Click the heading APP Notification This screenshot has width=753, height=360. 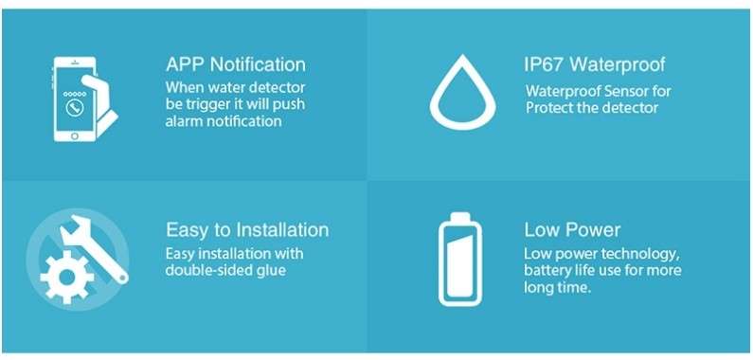coord(235,65)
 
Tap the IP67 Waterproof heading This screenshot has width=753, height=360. coord(595,65)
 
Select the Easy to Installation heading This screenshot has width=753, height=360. coord(247,230)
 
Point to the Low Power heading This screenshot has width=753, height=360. coord(572,230)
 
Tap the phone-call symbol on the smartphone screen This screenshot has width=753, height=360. coord(73,108)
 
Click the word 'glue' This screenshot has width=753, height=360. coord(270,270)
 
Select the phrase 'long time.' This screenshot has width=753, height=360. coord(558,287)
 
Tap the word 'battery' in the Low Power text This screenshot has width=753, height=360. coord(549,270)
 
